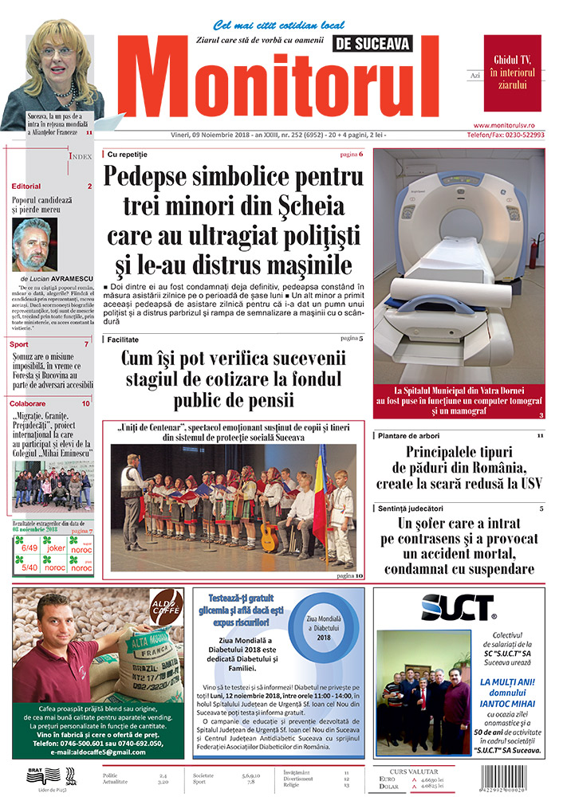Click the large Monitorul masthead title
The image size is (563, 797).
point(283,80)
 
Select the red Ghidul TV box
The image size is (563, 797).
point(512,61)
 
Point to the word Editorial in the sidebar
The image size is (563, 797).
point(26,186)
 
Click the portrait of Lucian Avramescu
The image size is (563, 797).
point(35,244)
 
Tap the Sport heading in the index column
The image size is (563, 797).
point(19,344)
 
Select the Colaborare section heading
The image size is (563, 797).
point(28,404)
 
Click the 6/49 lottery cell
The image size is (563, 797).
point(29,548)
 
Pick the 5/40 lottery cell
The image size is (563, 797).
point(29,568)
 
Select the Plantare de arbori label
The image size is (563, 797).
point(410,436)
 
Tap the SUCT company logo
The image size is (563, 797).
point(458,607)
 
